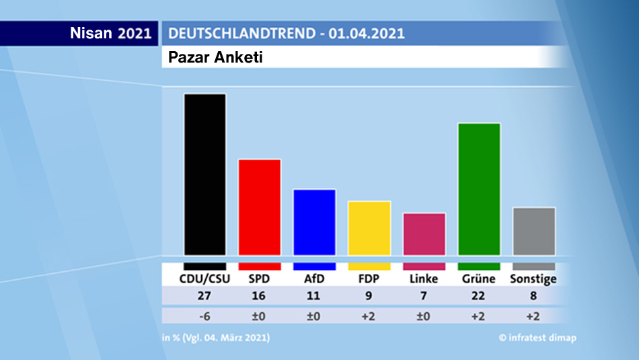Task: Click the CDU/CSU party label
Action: click(x=205, y=279)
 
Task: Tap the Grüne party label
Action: click(x=479, y=279)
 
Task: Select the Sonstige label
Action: click(x=534, y=279)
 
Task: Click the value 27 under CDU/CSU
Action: click(x=205, y=296)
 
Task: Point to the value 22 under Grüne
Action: click(x=479, y=296)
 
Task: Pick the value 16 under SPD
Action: click(x=260, y=296)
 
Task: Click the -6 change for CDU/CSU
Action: click(x=205, y=316)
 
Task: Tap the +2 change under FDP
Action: click(x=369, y=316)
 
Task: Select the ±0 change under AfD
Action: click(x=314, y=316)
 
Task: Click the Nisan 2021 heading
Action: click(x=111, y=33)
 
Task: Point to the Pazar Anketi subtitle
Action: click(x=215, y=57)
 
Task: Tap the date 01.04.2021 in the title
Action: click(x=367, y=33)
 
